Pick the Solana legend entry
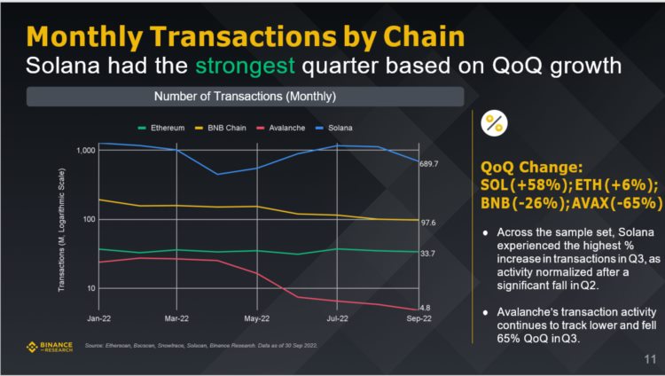(338, 128)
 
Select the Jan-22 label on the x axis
(98, 317)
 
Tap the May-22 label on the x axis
(257, 317)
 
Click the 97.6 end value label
(427, 223)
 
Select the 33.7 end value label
(427, 254)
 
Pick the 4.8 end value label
(425, 308)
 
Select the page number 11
(648, 360)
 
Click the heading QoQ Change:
(530, 167)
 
